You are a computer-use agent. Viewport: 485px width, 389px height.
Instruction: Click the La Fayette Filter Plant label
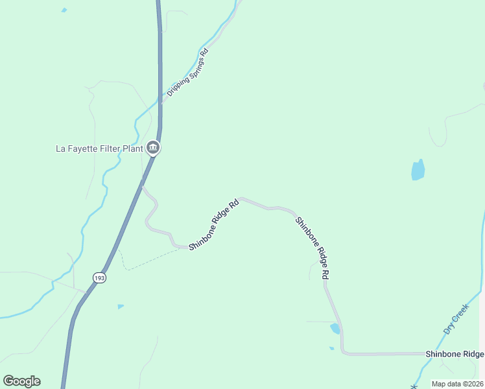pyautogui.click(x=99, y=148)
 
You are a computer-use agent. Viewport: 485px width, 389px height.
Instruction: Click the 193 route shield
pyautogui.click(x=99, y=277)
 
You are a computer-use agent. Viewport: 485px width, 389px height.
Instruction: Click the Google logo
pyautogui.click(x=21, y=381)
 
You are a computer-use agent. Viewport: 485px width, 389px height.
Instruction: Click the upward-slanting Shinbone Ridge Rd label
pyautogui.click(x=215, y=225)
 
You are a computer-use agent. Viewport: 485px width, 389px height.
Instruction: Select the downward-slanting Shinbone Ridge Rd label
pyautogui.click(x=313, y=248)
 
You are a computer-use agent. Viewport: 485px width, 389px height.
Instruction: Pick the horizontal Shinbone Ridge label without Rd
pyautogui.click(x=455, y=354)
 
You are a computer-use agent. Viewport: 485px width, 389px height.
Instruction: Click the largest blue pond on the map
pyautogui.click(x=418, y=170)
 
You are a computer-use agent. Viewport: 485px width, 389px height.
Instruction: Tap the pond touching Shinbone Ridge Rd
pyautogui.click(x=335, y=329)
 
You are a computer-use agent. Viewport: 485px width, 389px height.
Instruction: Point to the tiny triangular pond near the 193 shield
pyautogui.click(x=121, y=306)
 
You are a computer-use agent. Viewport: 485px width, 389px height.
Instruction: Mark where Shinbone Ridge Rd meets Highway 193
pyautogui.click(x=142, y=187)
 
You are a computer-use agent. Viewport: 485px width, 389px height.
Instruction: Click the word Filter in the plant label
pyautogui.click(x=112, y=148)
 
